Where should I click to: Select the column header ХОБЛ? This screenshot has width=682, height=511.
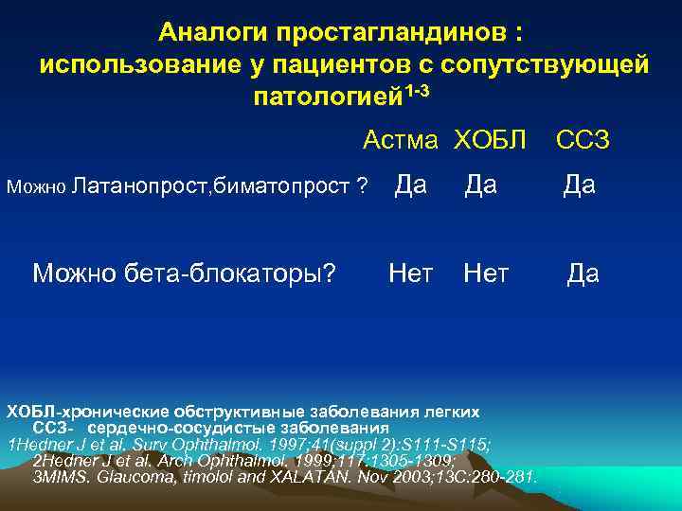pos(489,141)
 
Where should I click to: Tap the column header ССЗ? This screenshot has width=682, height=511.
pos(582,141)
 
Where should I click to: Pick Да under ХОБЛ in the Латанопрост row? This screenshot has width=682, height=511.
pos(480,185)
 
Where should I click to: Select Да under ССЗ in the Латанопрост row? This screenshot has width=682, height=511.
pos(579,185)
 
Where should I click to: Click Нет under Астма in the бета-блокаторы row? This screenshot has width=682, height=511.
pos(411,273)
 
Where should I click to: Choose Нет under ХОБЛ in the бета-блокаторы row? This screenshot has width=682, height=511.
pos(486,273)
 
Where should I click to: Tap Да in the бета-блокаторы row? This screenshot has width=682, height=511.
pos(583,273)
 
